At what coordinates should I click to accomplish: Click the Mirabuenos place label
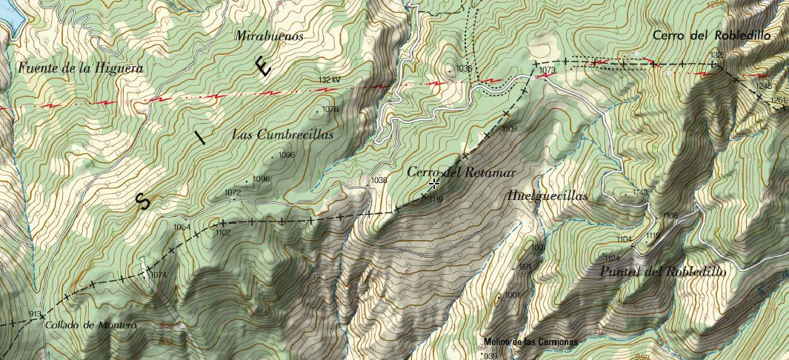coord(270,36)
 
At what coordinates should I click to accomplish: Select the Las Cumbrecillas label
coord(282,135)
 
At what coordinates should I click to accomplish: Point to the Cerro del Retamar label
coord(460,172)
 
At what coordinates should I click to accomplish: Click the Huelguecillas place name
coord(548,196)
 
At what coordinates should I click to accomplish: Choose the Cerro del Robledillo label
coord(712,35)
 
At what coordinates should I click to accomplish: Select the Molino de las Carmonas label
coord(530,342)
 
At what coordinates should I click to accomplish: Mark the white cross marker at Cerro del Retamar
coord(434,182)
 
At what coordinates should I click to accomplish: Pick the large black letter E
coord(263,67)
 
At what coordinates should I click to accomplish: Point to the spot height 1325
coord(718,56)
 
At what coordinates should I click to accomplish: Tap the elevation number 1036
coord(465,68)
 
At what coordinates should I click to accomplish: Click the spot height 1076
coord(330,109)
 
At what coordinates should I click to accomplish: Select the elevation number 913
coord(35,314)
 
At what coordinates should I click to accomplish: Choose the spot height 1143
coord(640,193)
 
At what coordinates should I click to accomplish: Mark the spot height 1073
coord(547,70)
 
